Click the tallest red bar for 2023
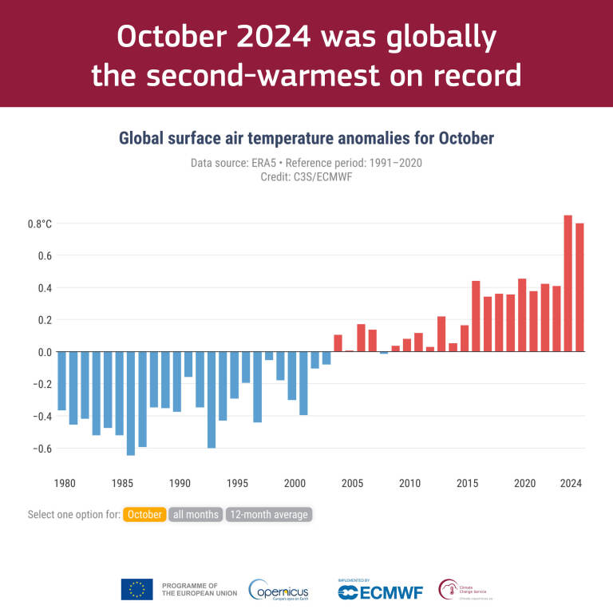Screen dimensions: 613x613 tap(568, 283)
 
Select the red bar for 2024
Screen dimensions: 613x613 tap(579, 287)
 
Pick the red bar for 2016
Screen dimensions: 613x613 tap(476, 316)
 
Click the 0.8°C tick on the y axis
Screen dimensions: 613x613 tap(39, 223)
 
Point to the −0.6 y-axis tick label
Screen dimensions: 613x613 tap(40, 448)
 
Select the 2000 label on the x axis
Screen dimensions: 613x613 tap(295, 483)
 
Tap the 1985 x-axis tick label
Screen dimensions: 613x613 tap(122, 483)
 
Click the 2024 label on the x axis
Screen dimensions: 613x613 tap(571, 483)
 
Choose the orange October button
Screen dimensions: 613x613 tap(144, 515)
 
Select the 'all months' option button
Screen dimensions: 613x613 tap(196, 515)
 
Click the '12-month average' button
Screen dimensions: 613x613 tap(268, 515)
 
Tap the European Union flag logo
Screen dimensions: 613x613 tap(136, 590)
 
